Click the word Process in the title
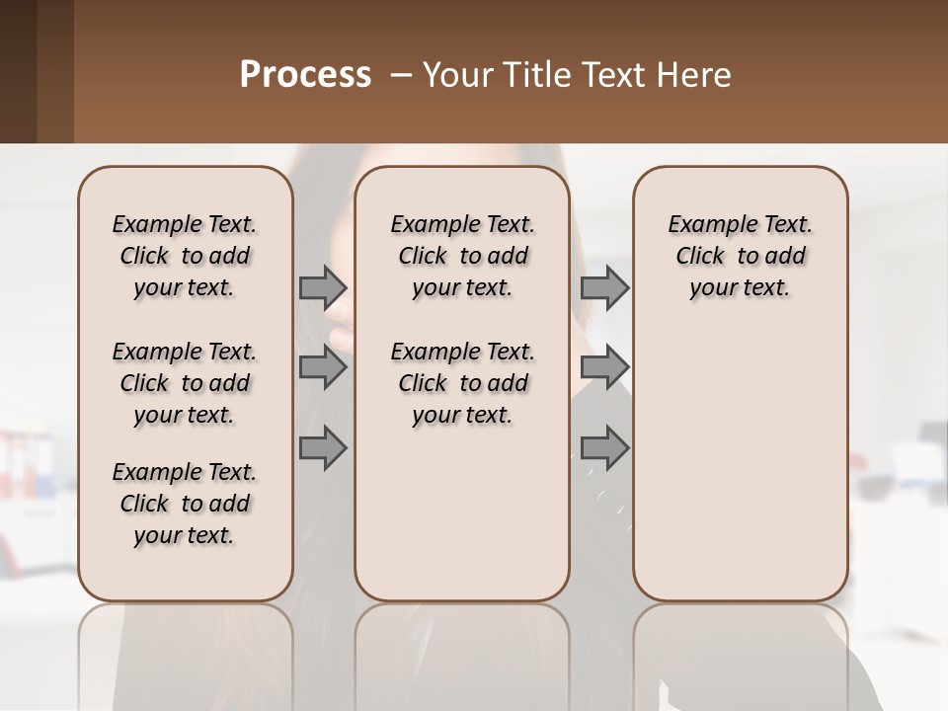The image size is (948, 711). point(305,75)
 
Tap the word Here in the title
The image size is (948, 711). point(694,75)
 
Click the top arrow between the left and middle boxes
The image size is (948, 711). point(323,287)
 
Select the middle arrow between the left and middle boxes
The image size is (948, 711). point(323,367)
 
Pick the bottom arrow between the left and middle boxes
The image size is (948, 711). point(323,447)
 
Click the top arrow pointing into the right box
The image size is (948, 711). point(604,287)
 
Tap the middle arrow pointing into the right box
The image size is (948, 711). point(604,367)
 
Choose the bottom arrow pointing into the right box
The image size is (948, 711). point(604,447)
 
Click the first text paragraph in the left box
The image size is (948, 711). point(185,256)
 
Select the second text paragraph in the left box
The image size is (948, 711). point(185,383)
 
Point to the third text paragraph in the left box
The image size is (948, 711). point(185,504)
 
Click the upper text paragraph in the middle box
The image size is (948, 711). point(462,256)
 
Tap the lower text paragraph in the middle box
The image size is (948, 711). point(462,383)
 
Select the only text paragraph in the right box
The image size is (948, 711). point(740,256)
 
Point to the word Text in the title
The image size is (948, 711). point(611,75)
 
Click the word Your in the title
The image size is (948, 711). point(453,75)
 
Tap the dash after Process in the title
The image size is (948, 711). point(401,75)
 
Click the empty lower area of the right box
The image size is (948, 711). point(740,474)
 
